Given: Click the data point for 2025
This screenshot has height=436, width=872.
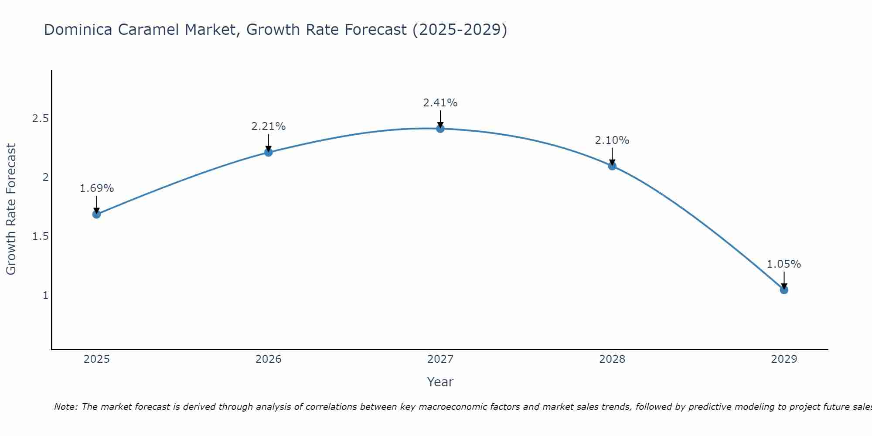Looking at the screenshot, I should point(97,214).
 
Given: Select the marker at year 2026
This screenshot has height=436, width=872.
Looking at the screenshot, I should point(269,152).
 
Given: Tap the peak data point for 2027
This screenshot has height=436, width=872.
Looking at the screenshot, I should point(440,129).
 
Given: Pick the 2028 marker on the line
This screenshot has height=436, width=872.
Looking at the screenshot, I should point(612,166).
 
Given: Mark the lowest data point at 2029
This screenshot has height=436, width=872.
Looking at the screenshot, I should point(784,290).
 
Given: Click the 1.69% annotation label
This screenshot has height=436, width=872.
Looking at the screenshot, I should point(97,188).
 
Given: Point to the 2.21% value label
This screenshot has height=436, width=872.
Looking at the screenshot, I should point(269,126).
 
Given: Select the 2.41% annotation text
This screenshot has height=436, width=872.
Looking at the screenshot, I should point(440,103).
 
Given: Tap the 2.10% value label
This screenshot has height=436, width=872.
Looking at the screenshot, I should point(612,140).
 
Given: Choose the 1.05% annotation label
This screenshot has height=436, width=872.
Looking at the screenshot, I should point(784,264).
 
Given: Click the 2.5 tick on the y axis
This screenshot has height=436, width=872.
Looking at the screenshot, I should point(40,119).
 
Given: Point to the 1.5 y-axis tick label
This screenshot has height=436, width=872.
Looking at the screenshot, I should point(40,236).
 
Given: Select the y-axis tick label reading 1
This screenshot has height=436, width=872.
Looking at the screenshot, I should point(45,296).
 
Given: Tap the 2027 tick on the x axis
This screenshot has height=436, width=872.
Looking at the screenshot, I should point(440,359).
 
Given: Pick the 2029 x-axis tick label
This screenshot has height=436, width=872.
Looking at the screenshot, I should point(784,359).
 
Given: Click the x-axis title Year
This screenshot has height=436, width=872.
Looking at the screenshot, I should point(440,382).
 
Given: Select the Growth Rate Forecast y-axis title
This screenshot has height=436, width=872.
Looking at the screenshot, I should point(11,209).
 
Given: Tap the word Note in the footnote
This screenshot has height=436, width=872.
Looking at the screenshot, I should point(65,407).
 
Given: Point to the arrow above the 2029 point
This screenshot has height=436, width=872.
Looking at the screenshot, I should point(784,280).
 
